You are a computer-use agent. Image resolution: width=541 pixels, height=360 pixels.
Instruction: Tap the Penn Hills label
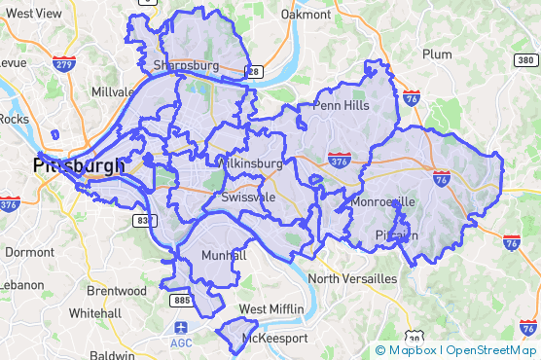[x=341, y=105]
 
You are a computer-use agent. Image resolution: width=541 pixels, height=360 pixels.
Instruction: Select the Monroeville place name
[x=382, y=202]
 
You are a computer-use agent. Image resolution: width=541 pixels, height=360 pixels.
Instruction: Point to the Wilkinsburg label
[x=251, y=163]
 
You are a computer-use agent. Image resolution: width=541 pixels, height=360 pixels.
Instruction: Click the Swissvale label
[x=248, y=197]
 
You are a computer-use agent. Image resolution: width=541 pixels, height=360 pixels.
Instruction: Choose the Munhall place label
[x=224, y=255]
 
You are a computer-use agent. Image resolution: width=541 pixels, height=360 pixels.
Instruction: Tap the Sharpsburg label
[x=186, y=66]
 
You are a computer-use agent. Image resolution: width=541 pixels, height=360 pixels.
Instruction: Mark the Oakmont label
[x=307, y=15]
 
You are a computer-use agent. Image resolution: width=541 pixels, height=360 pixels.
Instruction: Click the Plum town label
[x=438, y=54]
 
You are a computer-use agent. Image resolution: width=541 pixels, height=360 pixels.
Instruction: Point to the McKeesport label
[x=274, y=338]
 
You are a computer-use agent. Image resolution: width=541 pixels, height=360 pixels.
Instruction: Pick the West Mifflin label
[x=271, y=309]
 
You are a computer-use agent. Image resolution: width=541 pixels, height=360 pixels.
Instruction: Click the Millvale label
[x=114, y=91]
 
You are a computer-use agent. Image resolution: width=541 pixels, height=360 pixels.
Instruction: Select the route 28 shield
[x=253, y=71]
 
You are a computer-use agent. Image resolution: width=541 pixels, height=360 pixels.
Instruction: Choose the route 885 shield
[x=182, y=301]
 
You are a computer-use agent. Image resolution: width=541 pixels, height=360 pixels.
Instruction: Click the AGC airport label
[x=181, y=342]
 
